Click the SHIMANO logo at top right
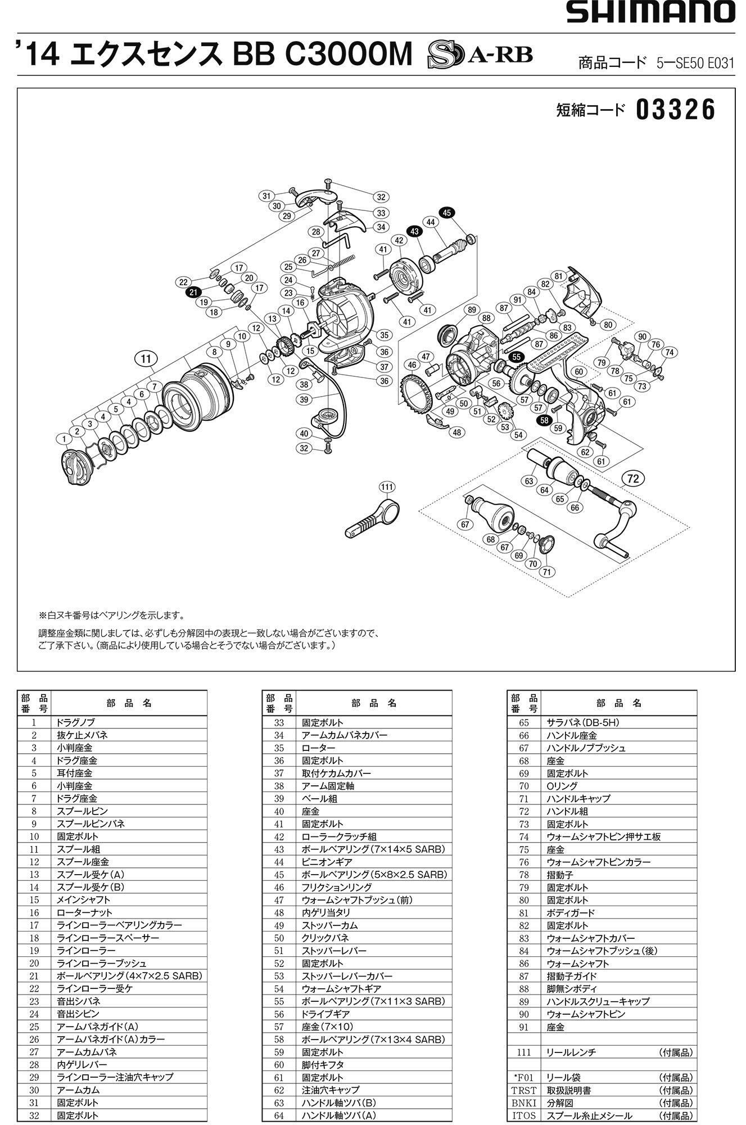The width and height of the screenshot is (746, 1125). (650, 12)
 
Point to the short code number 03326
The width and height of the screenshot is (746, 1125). (676, 110)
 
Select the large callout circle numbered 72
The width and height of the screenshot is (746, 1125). (633, 479)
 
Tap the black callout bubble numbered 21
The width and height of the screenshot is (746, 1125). (193, 292)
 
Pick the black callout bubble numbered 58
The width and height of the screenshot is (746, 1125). (544, 419)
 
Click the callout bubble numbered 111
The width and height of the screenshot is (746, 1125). (387, 487)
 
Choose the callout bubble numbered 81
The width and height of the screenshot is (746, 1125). (558, 276)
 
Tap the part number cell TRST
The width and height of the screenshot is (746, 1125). (524, 1090)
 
